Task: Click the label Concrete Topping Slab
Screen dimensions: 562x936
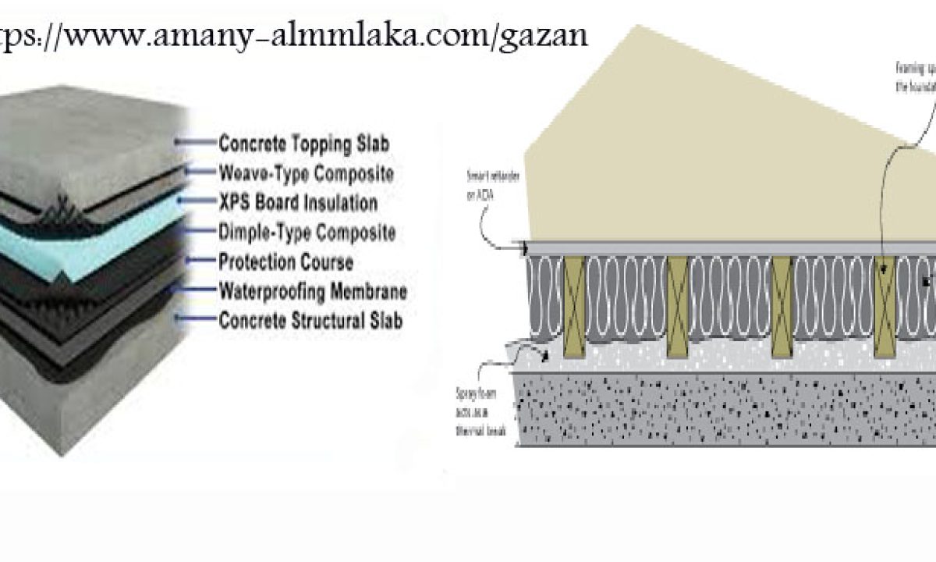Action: pyautogui.click(x=303, y=144)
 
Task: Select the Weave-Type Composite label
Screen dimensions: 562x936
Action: pyautogui.click(x=306, y=173)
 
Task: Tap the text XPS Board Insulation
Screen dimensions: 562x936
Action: pyautogui.click(x=298, y=203)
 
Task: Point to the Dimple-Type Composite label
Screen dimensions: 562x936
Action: pyautogui.click(x=307, y=232)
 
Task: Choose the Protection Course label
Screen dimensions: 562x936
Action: pyautogui.click(x=285, y=261)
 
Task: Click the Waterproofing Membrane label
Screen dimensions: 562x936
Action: pyautogui.click(x=312, y=291)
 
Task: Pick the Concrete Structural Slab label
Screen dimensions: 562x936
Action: pyautogui.click(x=310, y=320)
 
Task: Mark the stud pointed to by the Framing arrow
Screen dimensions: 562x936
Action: pyautogui.click(x=885, y=304)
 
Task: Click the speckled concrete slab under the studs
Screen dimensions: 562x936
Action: pyautogui.click(x=702, y=406)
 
